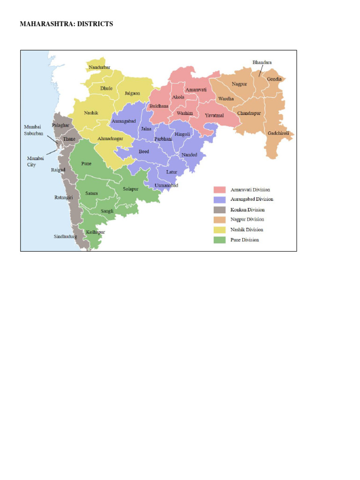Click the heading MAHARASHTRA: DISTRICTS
pos(66,23)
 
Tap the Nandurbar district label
pos(99,67)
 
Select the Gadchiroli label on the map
pos(279,133)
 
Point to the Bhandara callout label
pos(262,62)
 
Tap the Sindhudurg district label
pos(65,237)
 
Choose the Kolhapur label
pos(96,232)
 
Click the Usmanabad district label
pos(166,186)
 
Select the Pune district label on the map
pos(86,164)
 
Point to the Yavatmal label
pos(215,115)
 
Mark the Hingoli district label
pos(182,134)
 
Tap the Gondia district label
pos(274,79)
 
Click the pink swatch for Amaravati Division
pos(220,190)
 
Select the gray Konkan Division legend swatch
pos(220,210)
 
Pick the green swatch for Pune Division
pos(220,240)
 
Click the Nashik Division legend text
pos(247,230)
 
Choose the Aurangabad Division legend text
pos(252,200)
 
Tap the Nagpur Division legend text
pos(247,220)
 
